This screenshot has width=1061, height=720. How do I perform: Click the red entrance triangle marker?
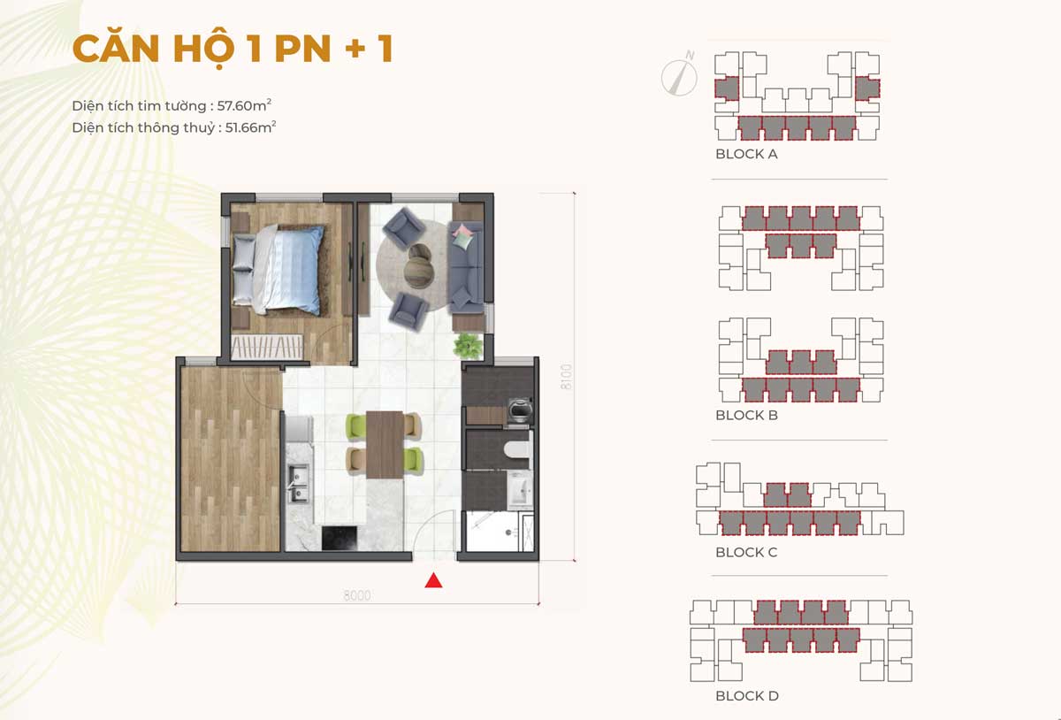tap(433, 580)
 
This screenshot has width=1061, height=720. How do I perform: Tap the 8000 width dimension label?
tap(357, 595)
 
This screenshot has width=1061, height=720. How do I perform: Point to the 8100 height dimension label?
tap(566, 377)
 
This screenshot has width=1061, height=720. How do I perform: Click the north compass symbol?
tap(680, 74)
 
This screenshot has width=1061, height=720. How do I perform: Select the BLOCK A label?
tap(746, 154)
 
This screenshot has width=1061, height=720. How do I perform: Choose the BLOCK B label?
tap(746, 415)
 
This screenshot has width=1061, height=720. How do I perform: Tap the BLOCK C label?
tap(746, 552)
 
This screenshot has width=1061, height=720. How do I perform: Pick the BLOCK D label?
tap(747, 696)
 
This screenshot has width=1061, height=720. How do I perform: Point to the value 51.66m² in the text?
tap(250, 127)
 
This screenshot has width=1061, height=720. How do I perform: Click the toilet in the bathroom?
tap(517, 450)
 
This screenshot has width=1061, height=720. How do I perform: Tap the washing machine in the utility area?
tap(520, 409)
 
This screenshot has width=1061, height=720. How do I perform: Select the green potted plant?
tap(468, 346)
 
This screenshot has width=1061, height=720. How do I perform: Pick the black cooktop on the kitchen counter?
tap(340, 538)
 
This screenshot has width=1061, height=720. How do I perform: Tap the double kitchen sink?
tap(299, 483)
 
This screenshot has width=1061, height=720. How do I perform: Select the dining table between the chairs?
tap(385, 445)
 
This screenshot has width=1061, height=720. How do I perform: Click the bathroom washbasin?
tap(521, 490)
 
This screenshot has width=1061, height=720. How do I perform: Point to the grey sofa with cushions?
tap(466, 267)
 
